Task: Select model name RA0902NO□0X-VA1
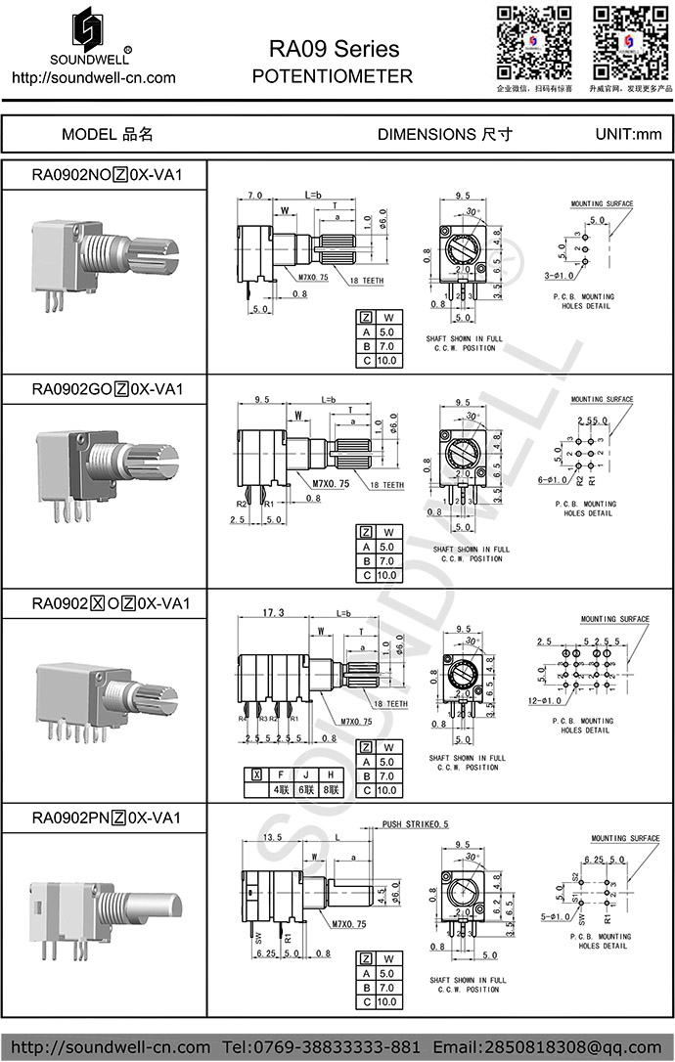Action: point(107,175)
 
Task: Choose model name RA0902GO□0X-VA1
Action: point(107,388)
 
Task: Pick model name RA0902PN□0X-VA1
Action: point(107,817)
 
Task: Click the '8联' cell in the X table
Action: point(333,789)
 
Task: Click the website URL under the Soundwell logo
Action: point(93,78)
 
